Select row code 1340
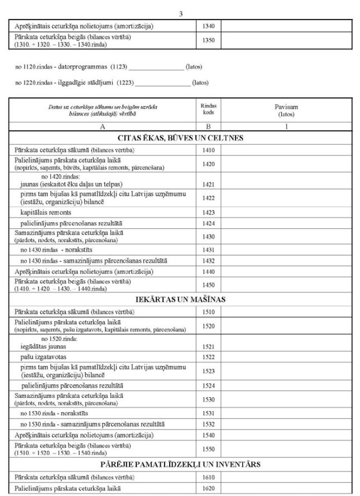click(x=209, y=26)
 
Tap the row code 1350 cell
click(x=209, y=40)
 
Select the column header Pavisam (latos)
click(x=288, y=109)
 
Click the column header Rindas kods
click(x=208, y=109)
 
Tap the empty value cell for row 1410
click(x=287, y=150)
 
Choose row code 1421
click(x=209, y=184)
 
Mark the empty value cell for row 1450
click(x=287, y=286)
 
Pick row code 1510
click(x=209, y=311)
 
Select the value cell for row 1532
click(x=287, y=424)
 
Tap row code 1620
click(x=209, y=489)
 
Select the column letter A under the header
click(x=103, y=126)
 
